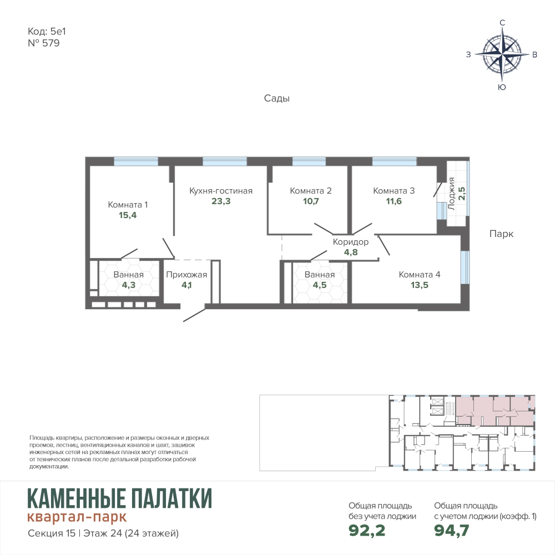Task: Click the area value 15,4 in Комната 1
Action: [x=128, y=215]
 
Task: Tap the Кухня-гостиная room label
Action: [x=221, y=191]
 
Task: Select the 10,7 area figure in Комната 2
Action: [x=311, y=201]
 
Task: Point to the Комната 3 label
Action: [x=393, y=191]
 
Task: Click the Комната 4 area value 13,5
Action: [x=420, y=285]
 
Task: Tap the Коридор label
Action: [x=350, y=242]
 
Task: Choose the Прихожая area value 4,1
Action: [x=186, y=285]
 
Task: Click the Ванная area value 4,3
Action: [x=129, y=285]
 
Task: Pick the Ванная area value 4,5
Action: [x=319, y=285]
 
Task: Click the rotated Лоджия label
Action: [x=451, y=194]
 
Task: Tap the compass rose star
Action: [x=502, y=54]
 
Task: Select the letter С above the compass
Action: [x=502, y=23]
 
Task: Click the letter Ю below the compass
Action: [x=502, y=87]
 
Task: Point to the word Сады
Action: [x=277, y=98]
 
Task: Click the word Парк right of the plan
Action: [x=501, y=234]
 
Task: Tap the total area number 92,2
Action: [x=367, y=530]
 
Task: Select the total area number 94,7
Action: [x=452, y=530]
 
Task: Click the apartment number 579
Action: [x=51, y=43]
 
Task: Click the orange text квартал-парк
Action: [x=77, y=517]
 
